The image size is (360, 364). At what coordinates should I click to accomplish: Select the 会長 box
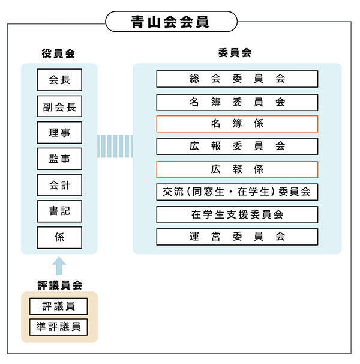tap(59, 80)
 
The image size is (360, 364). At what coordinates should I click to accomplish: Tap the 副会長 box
tap(59, 106)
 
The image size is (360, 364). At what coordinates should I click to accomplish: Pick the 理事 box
tap(59, 133)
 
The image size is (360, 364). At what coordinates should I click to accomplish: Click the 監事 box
tap(59, 159)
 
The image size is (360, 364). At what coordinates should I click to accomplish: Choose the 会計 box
tap(59, 185)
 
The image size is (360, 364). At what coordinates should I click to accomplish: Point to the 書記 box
tap(59, 211)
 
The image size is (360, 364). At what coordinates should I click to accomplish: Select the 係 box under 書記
tap(59, 237)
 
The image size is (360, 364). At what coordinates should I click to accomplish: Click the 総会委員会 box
tap(237, 79)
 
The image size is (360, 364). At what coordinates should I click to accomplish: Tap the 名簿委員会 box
tap(237, 102)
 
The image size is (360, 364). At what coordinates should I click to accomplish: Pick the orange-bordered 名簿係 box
tap(237, 124)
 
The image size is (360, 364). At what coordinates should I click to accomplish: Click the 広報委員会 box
tap(237, 147)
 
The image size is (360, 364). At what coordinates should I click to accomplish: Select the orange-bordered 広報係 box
tap(237, 169)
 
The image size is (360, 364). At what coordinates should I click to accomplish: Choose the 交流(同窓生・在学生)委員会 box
tap(237, 192)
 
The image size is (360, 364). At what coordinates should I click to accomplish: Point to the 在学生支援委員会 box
tap(237, 214)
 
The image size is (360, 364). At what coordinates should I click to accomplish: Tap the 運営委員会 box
tap(237, 237)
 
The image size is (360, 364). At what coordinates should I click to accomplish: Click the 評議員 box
tap(59, 306)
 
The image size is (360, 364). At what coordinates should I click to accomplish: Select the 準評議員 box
tap(59, 328)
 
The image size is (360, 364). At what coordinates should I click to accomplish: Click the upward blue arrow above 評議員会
tap(59, 265)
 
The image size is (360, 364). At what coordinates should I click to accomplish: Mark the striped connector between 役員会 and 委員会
tap(115, 146)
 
